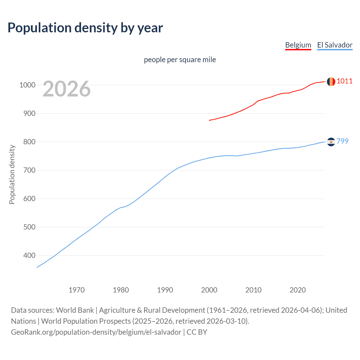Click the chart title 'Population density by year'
tap(85, 28)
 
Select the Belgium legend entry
tap(298, 45)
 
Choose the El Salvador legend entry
tap(335, 45)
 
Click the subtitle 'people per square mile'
tap(180, 60)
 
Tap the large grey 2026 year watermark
tap(67, 89)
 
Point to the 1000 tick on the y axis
tap(27, 85)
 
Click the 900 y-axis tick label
tap(29, 113)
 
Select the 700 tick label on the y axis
tap(29, 170)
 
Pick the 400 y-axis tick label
tap(29, 255)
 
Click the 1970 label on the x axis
tap(76, 290)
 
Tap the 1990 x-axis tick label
tap(165, 290)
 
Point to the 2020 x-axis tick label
tap(298, 290)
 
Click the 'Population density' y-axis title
tap(12, 174)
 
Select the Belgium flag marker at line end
tap(331, 82)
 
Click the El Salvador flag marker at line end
tap(331, 142)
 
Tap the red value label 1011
tap(345, 81)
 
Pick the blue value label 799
tap(343, 141)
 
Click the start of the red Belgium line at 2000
tap(210, 120)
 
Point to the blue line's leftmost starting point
tap(37, 267)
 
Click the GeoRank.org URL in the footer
tap(96, 332)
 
